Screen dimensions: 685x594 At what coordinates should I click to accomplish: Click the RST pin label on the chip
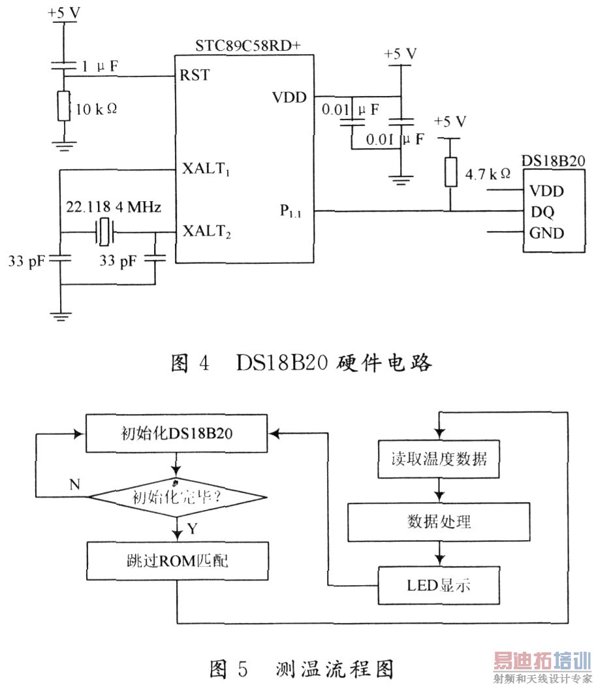(195, 76)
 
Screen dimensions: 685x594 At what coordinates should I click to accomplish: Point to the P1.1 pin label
(291, 211)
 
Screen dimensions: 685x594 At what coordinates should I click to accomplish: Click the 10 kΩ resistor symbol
(63, 106)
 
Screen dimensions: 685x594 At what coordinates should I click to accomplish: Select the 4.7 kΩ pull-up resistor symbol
(450, 172)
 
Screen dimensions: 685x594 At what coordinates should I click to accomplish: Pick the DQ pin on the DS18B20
(540, 212)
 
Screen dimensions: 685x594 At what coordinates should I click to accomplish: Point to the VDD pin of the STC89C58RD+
(290, 97)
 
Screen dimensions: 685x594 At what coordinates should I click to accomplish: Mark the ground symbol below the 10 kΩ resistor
(63, 144)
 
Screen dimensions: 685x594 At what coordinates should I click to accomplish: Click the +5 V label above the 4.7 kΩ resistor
(450, 122)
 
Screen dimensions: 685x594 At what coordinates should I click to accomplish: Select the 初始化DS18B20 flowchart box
(176, 434)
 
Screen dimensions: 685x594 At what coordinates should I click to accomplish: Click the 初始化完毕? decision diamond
(177, 496)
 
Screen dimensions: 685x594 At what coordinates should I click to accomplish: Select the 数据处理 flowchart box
(439, 522)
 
